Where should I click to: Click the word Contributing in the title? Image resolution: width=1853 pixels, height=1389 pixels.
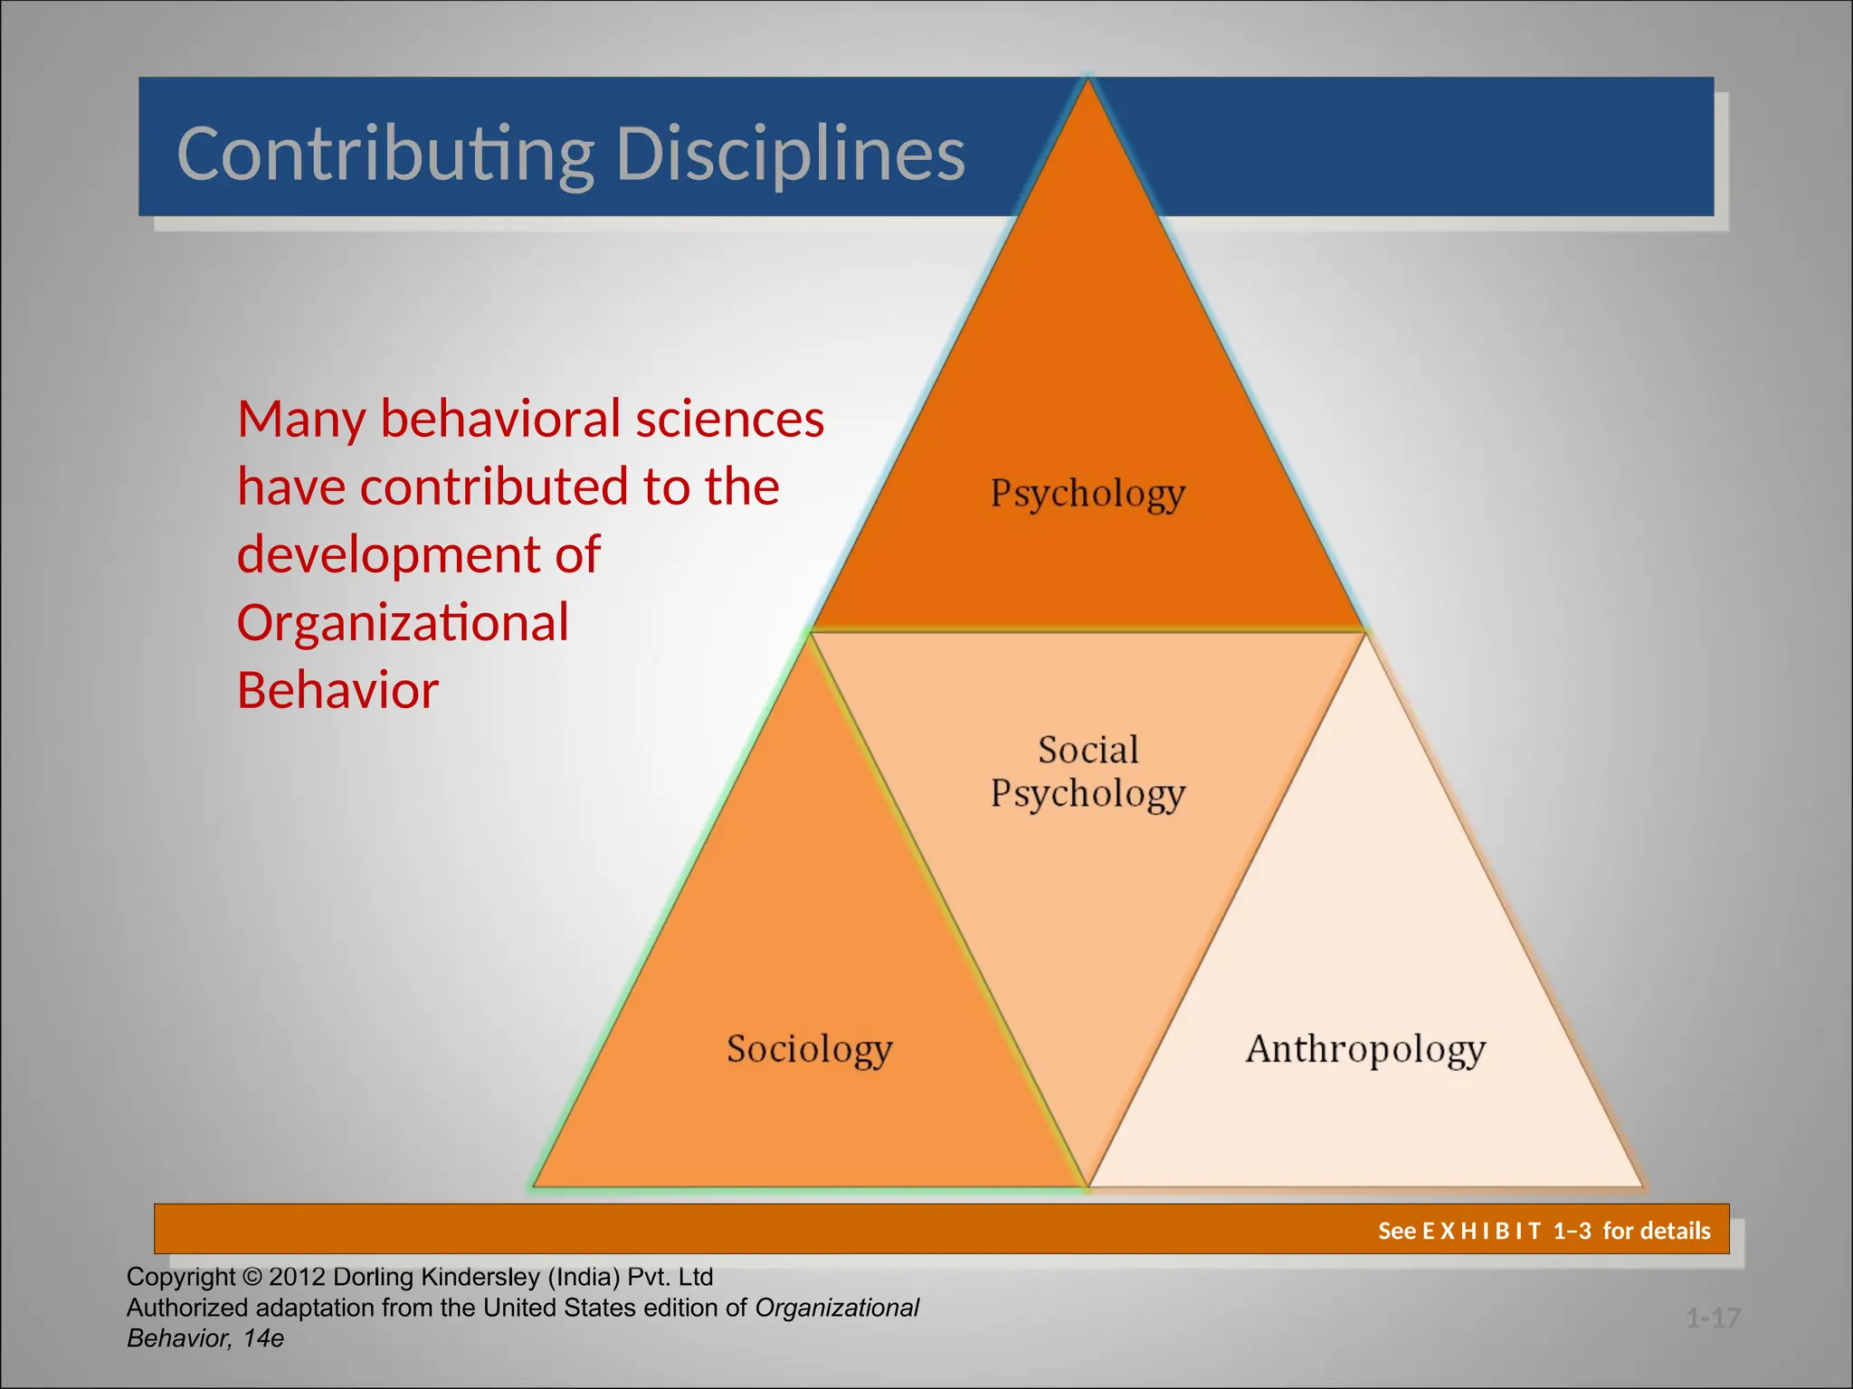tap(385, 154)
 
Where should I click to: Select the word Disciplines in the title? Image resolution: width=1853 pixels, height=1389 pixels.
tap(790, 154)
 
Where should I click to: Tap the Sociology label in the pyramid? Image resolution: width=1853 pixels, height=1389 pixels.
tap(809, 1049)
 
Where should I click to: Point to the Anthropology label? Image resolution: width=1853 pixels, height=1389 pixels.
tap(1365, 1049)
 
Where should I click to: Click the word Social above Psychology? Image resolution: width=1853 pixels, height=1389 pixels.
tap(1088, 750)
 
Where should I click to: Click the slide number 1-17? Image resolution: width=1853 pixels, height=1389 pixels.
tap(1713, 1318)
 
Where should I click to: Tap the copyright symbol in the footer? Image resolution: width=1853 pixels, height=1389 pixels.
tap(252, 1277)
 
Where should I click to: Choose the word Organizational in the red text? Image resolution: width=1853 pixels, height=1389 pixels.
tap(403, 622)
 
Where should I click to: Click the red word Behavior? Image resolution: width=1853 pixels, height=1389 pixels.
tap(337, 690)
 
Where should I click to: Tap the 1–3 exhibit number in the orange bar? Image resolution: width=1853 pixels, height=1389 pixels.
tap(1572, 1231)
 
